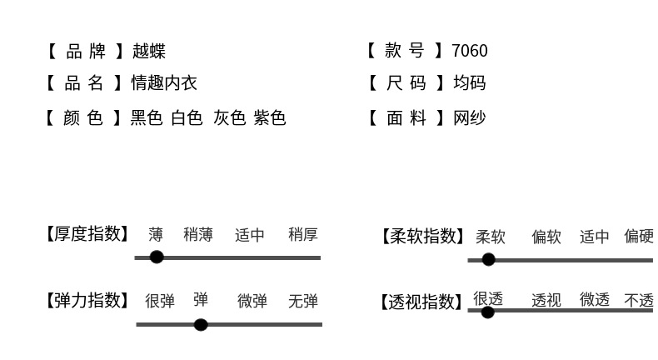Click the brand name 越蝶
[x=148, y=51]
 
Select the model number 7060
[x=469, y=51]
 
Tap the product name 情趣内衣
[x=163, y=83]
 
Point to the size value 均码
[x=469, y=83]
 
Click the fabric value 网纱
[x=469, y=118]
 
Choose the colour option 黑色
[x=147, y=118]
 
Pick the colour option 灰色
[x=229, y=118]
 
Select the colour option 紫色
[x=270, y=118]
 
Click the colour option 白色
[x=187, y=118]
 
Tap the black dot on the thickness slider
[x=157, y=257]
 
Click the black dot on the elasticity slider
[x=201, y=324]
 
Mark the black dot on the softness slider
[x=489, y=260]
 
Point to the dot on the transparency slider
[x=487, y=312]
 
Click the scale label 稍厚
[x=303, y=235]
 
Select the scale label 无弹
[x=303, y=302]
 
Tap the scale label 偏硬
[x=639, y=237]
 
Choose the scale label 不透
[x=639, y=301]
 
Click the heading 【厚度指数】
[x=87, y=234]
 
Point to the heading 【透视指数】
[x=421, y=302]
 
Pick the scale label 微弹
[x=252, y=302]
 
